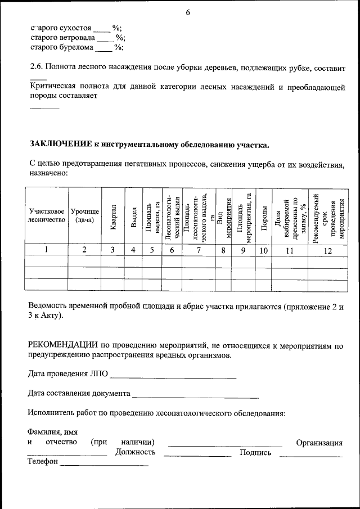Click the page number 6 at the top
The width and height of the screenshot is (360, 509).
pos(188,12)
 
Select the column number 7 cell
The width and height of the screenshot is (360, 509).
pos(199,251)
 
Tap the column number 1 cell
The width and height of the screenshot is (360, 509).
pos(47,251)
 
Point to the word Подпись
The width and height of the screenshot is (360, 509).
pos(255,452)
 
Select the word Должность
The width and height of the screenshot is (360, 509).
pos(135,452)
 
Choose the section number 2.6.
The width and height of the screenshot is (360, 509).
pos(37,67)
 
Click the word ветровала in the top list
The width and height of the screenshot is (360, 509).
pos(75,38)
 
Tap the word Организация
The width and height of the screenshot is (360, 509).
pos(319,443)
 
